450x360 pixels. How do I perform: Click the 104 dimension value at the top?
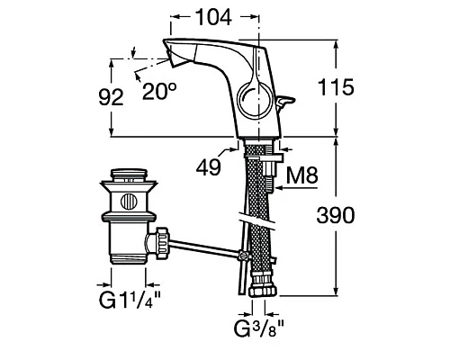pos(213,17)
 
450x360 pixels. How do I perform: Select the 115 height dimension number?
pos(336,87)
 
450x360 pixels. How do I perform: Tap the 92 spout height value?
pos(111,97)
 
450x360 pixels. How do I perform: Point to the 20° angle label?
pos(159,91)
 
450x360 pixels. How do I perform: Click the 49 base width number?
pos(209,166)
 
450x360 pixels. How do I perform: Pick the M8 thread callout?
pos(301,175)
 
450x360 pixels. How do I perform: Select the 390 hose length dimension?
pos(336,215)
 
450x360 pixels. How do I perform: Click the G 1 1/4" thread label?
pos(130,299)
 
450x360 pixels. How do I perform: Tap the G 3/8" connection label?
pos(258,328)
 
